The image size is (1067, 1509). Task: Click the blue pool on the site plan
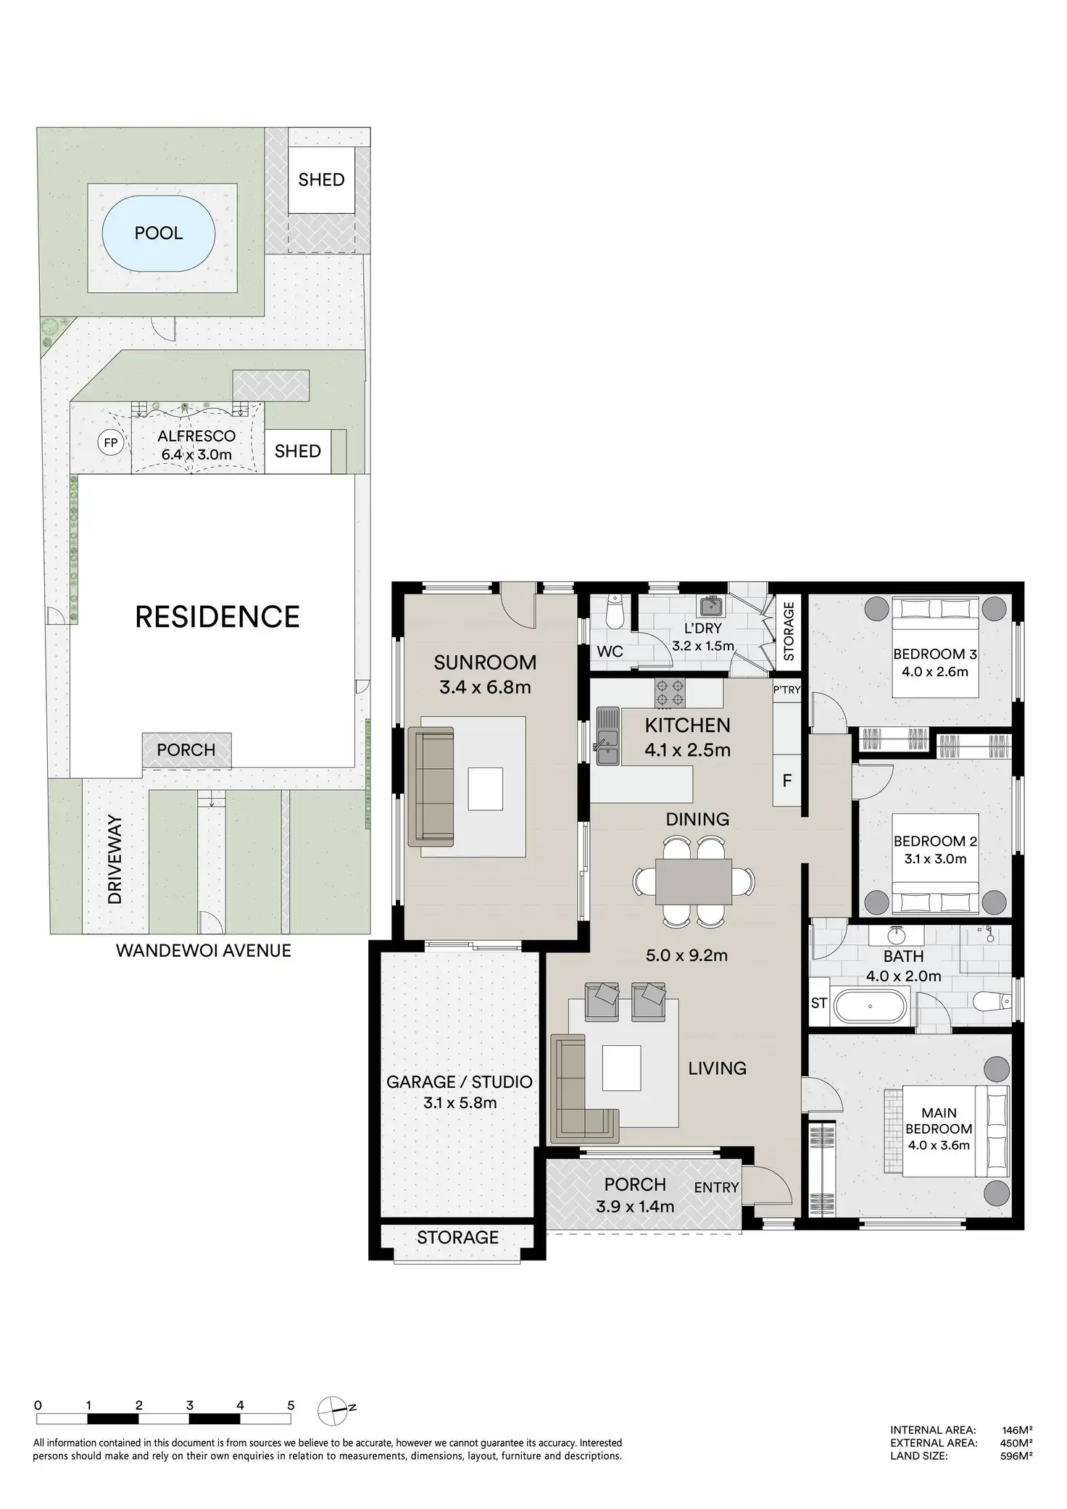pos(159,233)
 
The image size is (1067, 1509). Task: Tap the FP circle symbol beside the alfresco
pos(111,441)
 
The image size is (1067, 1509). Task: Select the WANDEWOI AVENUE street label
pos(204,950)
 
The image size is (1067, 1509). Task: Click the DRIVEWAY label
pos(115,860)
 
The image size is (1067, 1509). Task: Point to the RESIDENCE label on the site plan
pos(217,617)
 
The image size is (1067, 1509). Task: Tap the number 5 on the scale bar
pos(291,1405)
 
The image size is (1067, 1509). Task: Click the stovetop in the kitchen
pos(670,692)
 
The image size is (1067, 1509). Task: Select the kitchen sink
pos(607,736)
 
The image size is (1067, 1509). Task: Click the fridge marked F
pos(786,781)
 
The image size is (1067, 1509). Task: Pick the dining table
pos(694,881)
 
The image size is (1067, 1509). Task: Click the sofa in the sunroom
pos(431,786)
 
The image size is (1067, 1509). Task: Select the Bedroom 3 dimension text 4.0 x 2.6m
pos(935,671)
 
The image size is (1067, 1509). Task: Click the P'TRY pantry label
pos(786,689)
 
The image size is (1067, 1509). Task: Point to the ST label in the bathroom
pos(819,1003)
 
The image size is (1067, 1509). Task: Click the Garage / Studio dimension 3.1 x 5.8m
pos(460,1103)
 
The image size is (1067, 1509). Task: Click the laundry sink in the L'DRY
pos(710,606)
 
